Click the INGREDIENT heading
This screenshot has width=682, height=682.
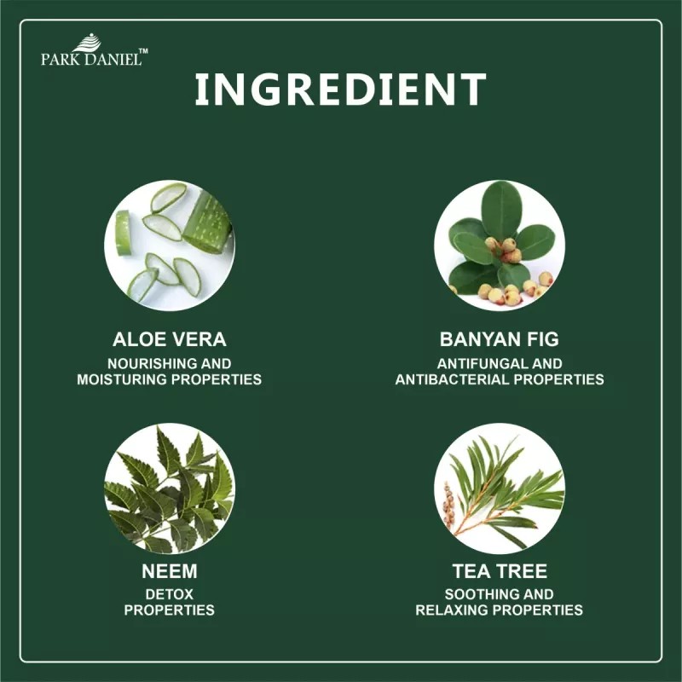340,89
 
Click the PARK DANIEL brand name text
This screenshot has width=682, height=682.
92,59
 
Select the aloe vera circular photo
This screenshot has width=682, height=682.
170,246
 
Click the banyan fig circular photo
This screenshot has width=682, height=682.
500,246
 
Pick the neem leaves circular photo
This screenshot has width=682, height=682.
170,488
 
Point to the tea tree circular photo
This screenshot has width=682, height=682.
500,488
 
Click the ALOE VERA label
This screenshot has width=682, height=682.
170,339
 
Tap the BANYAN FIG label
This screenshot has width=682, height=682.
500,339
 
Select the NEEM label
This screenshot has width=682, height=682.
170,571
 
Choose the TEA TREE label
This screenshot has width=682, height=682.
500,571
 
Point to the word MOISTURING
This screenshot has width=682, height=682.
122,379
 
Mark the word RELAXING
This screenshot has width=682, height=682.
452,610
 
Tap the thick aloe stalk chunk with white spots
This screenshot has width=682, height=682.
206,223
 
